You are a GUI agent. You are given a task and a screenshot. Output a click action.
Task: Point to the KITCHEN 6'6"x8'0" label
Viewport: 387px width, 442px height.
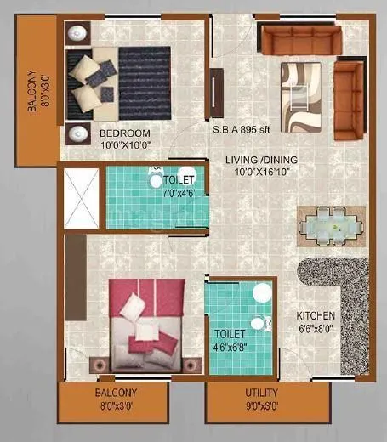[x=316, y=321]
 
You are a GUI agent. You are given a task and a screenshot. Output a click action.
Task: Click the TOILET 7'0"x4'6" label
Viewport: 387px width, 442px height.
[x=178, y=186]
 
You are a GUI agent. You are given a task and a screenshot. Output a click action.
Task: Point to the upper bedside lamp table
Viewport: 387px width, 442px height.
[x=77, y=33]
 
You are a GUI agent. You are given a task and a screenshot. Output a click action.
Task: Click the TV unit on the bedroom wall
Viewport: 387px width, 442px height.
[x=218, y=93]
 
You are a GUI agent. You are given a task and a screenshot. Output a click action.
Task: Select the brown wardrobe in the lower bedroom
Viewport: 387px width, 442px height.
[x=75, y=289]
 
